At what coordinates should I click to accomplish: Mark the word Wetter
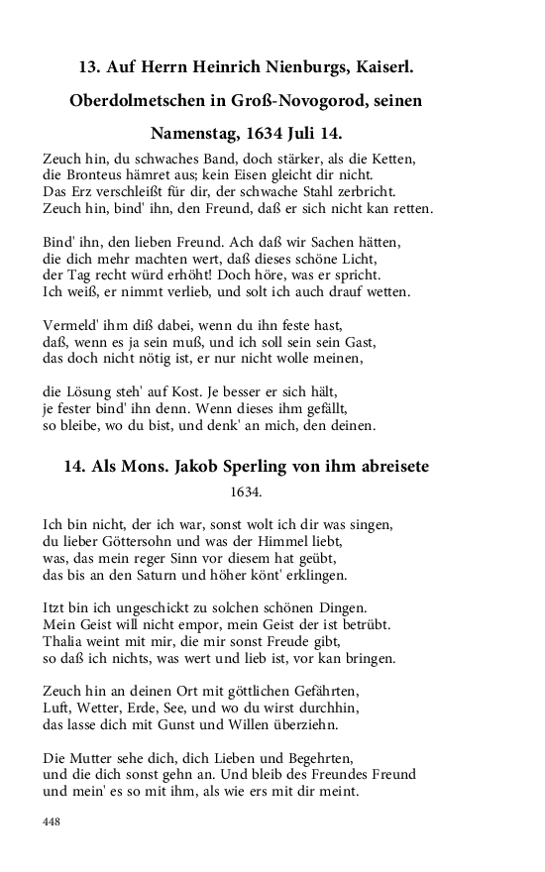[x=110, y=709]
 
